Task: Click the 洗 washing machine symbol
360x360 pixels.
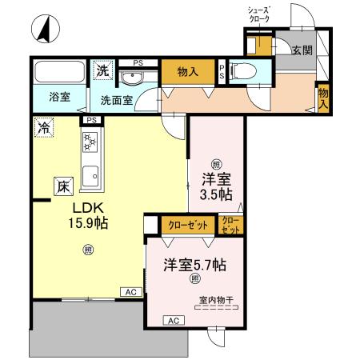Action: pos(103,70)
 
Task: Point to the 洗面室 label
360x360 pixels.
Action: pos(116,101)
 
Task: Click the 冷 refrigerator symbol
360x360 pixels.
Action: pos(43,128)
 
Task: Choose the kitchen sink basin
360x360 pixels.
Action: pos(90,174)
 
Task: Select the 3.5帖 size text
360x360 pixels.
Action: pos(216,194)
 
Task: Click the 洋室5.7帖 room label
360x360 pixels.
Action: pos(195,263)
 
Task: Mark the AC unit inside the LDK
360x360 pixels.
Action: pos(130,293)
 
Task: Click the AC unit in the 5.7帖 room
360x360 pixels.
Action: pos(171,320)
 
